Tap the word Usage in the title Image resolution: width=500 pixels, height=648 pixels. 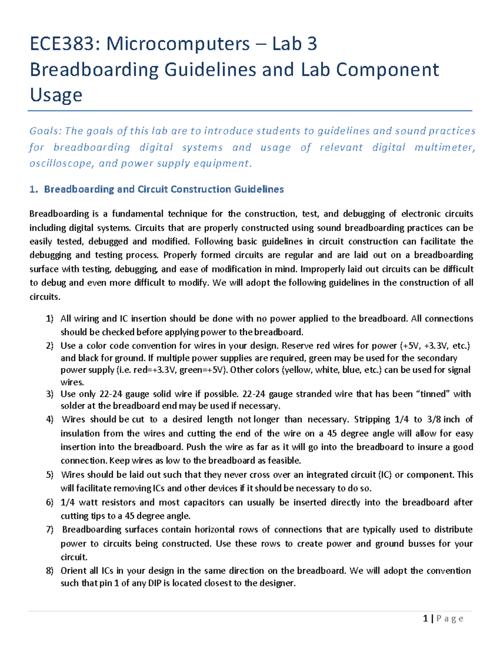click(x=56, y=95)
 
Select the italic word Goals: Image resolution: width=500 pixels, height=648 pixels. click(x=45, y=131)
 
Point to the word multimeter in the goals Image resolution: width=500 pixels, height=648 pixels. click(x=444, y=147)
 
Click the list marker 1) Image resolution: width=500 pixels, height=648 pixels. click(x=50, y=319)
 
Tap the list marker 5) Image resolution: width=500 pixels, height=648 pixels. click(x=50, y=475)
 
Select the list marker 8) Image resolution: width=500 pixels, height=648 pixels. click(x=50, y=571)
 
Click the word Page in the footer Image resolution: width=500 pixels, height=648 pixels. click(x=450, y=619)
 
